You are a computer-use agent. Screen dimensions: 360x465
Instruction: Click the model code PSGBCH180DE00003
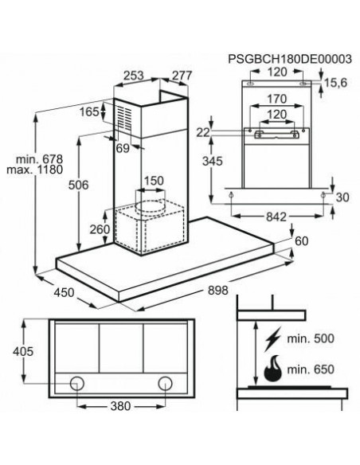pyautogui.click(x=290, y=59)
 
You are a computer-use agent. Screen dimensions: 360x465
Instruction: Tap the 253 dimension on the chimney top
pyautogui.click(x=134, y=76)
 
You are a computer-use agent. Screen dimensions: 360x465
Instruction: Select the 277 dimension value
pyautogui.click(x=182, y=76)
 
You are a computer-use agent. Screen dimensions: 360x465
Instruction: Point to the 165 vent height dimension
pyautogui.click(x=89, y=111)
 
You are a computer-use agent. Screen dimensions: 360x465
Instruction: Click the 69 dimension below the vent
pyautogui.click(x=123, y=148)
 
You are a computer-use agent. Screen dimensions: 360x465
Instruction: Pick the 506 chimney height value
pyautogui.click(x=79, y=185)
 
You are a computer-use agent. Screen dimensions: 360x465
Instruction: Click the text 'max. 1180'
pyautogui.click(x=35, y=170)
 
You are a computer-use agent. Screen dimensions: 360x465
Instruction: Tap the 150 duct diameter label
pyautogui.click(x=154, y=181)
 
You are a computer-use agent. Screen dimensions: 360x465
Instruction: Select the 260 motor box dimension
pyautogui.click(x=100, y=229)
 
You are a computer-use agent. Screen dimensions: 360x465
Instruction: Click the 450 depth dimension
pyautogui.click(x=64, y=292)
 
